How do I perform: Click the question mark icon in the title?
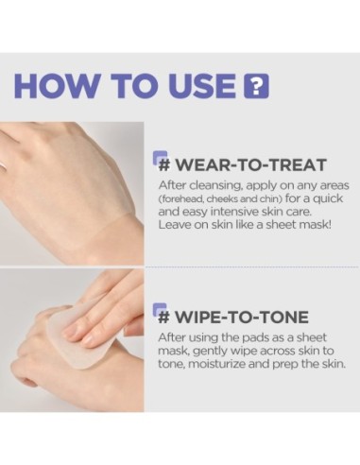[256, 84]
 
